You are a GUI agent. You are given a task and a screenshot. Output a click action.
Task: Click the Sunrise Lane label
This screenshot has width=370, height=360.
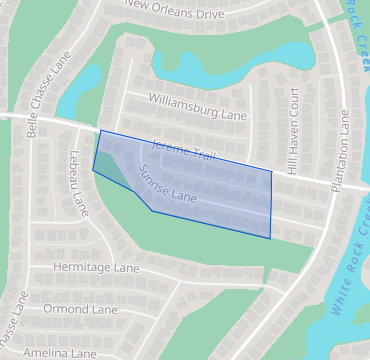169,183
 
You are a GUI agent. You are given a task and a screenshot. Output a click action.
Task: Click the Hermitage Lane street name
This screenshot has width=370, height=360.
97,269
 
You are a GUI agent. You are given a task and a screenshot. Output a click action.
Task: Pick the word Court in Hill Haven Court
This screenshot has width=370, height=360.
295,109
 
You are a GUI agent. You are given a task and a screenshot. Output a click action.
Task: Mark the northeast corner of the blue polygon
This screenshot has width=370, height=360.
271,171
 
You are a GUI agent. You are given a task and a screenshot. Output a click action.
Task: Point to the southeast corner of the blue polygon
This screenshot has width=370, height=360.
270,238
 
